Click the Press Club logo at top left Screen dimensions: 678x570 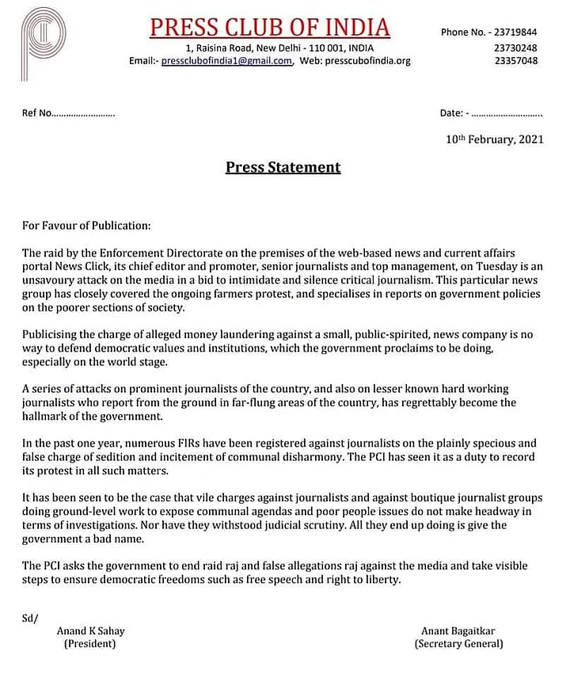[44, 44]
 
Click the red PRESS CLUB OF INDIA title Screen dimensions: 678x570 [271, 28]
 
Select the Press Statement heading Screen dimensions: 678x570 [283, 167]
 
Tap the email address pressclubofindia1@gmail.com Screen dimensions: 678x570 [227, 60]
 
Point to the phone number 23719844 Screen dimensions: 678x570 [515, 32]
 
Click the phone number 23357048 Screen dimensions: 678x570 [515, 60]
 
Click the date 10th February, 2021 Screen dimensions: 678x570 [494, 139]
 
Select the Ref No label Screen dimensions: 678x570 [37, 113]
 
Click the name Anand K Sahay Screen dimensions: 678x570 [90, 631]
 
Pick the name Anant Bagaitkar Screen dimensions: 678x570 [458, 631]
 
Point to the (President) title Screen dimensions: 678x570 [89, 644]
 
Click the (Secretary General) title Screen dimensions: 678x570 [458, 644]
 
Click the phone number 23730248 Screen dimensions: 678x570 [515, 47]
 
